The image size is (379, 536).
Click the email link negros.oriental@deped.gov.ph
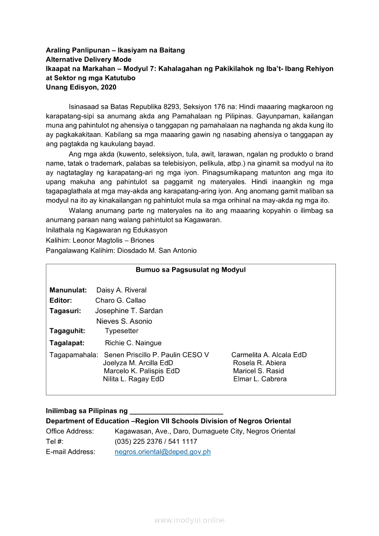tap(162, 452)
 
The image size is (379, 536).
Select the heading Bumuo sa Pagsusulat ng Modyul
tap(190, 270)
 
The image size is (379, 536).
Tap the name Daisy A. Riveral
tap(121, 290)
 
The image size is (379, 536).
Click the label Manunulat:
tap(68, 290)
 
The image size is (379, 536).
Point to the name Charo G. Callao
tap(120, 300)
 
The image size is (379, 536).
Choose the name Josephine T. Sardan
tap(129, 310)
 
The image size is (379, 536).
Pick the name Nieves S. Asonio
tap(124, 321)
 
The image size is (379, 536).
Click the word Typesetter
tap(122, 331)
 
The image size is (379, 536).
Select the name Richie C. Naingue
tap(133, 343)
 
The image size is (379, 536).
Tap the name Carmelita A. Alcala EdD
tap(269, 354)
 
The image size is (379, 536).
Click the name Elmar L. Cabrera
tap(260, 379)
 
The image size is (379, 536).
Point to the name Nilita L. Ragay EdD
tap(134, 379)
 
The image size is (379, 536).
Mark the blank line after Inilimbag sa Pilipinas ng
tap(177, 411)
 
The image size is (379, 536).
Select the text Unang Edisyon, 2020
tap(81, 87)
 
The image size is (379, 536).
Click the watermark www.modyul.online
tap(189, 520)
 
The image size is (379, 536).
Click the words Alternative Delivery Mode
tap(89, 59)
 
